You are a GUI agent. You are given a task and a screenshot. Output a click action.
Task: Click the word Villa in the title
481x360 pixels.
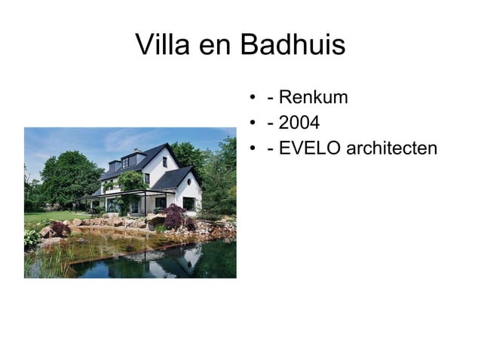161,46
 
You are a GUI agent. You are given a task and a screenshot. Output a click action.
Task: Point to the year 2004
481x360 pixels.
299,123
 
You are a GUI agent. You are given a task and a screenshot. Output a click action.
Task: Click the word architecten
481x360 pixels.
391,148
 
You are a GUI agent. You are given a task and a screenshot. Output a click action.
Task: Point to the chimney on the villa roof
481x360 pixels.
136,151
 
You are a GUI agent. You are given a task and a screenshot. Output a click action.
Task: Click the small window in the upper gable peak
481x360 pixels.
164,161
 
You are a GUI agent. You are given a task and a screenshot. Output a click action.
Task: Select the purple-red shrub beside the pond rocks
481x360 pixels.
176,219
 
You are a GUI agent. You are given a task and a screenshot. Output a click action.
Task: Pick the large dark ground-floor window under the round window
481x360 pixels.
188,203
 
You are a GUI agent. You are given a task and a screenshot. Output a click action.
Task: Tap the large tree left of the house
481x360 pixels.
68,177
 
